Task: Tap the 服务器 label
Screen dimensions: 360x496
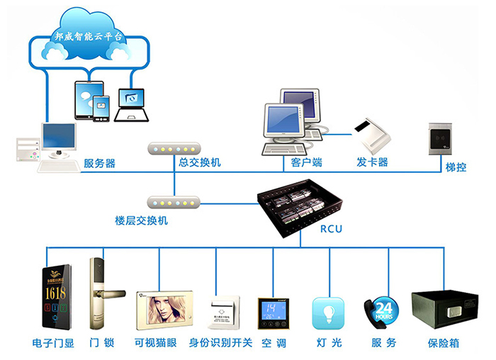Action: (x=99, y=163)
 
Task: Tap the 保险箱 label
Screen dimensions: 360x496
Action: (x=444, y=343)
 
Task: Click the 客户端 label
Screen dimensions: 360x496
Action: (x=306, y=163)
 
